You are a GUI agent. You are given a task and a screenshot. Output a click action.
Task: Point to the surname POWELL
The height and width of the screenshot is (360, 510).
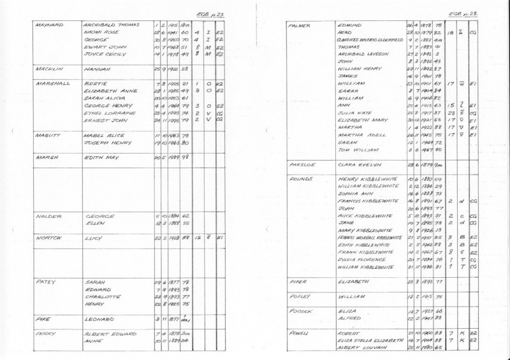[299, 333]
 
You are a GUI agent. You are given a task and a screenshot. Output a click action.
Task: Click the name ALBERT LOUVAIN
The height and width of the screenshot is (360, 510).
[358, 347]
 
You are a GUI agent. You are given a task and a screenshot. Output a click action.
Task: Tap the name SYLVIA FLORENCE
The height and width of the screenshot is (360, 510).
[360, 260]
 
